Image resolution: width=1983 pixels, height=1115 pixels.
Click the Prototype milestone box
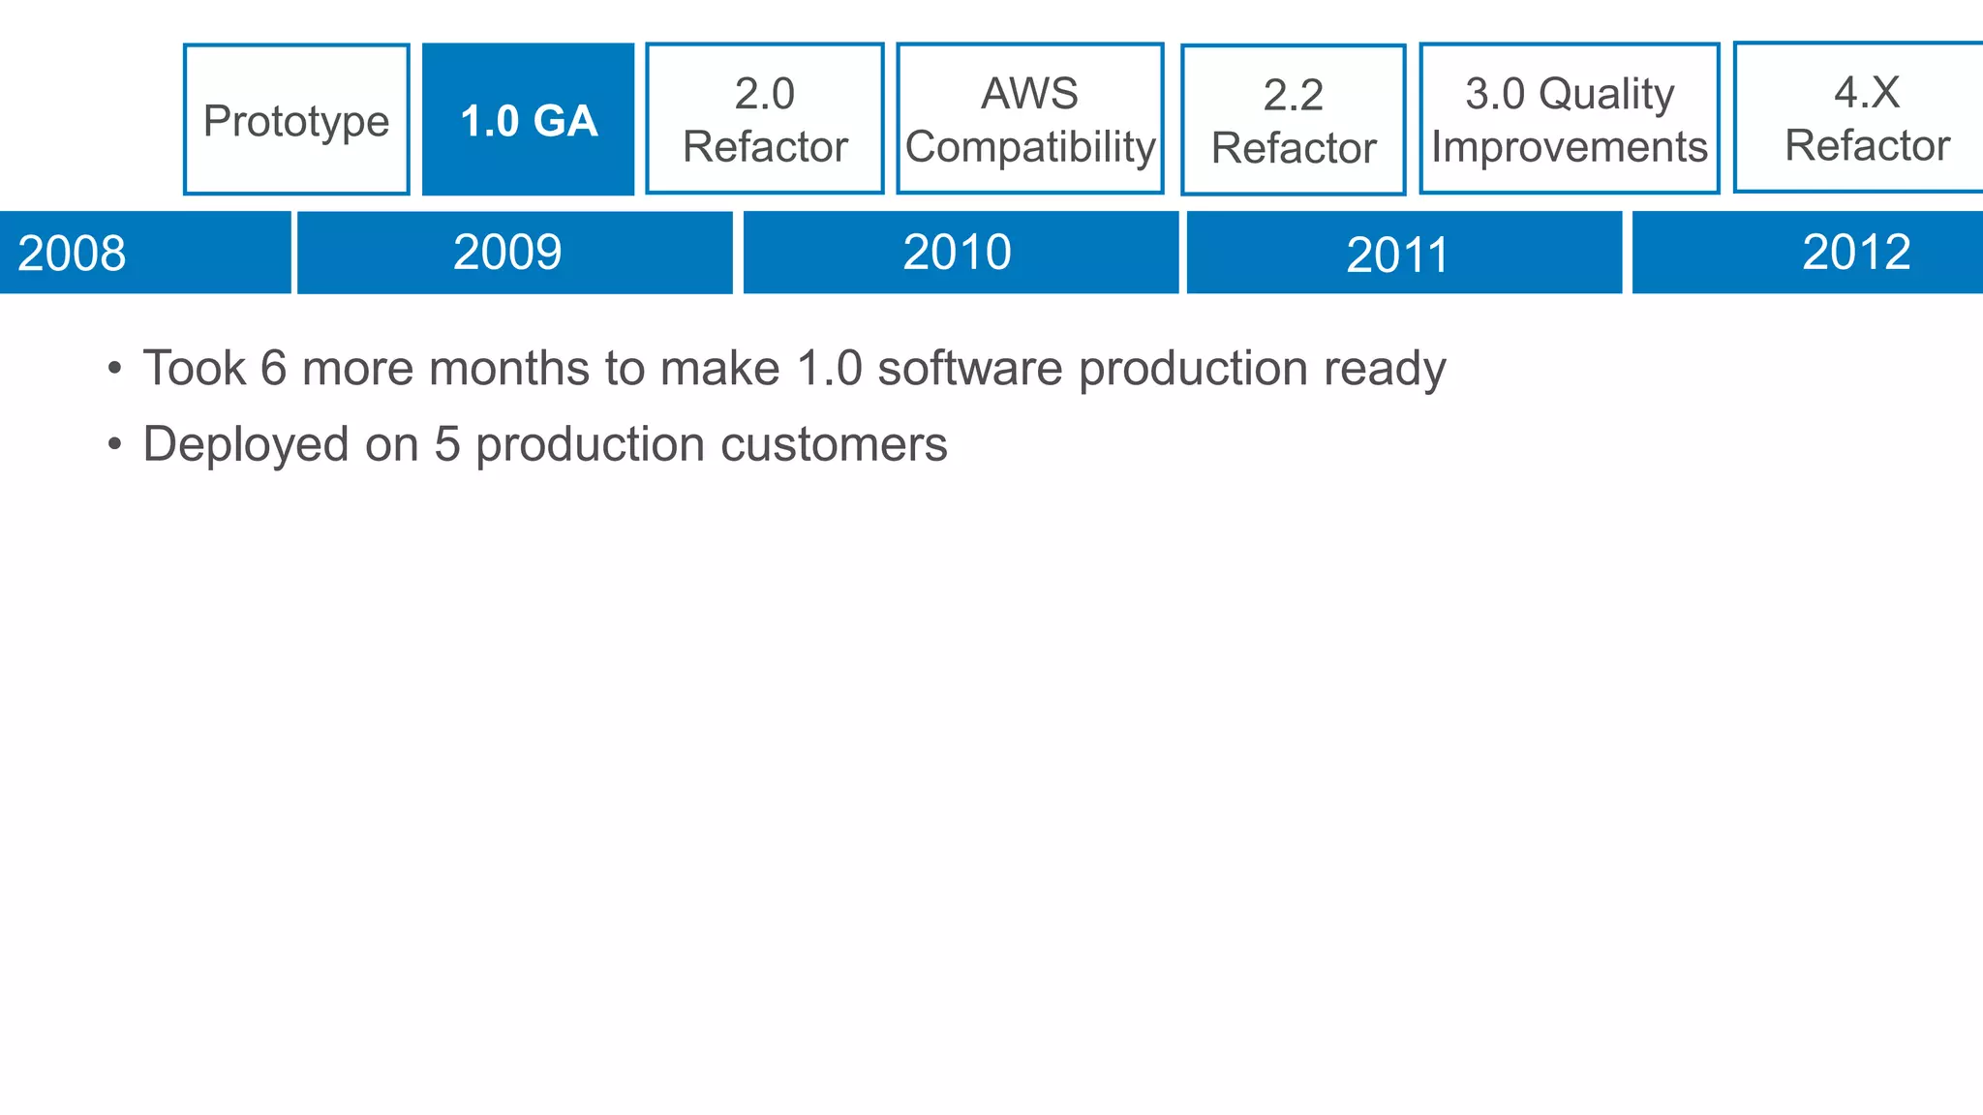[x=296, y=119]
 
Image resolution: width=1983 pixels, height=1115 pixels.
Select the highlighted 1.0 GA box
[x=529, y=119]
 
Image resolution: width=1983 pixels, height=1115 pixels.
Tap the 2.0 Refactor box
[x=765, y=119]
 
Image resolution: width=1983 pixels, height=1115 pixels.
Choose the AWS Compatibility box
[x=1030, y=119]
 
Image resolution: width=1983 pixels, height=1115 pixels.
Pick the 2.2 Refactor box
[x=1294, y=120]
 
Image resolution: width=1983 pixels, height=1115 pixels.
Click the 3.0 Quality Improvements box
[x=1570, y=119]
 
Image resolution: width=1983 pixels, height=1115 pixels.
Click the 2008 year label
[x=72, y=254]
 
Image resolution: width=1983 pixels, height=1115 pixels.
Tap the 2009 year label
[x=507, y=253]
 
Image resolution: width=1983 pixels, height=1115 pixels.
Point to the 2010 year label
[x=957, y=253]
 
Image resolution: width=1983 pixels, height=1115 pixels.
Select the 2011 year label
[x=1397, y=255]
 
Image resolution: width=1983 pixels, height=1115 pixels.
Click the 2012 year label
[x=1856, y=253]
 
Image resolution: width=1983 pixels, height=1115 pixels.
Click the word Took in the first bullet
[x=194, y=369]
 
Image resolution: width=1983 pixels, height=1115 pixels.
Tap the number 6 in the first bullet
[x=274, y=369]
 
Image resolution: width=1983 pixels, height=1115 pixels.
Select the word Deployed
[x=246, y=445]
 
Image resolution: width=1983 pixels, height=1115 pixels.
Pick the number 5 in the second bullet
[x=446, y=445]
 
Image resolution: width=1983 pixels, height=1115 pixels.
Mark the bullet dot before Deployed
[x=115, y=445]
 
